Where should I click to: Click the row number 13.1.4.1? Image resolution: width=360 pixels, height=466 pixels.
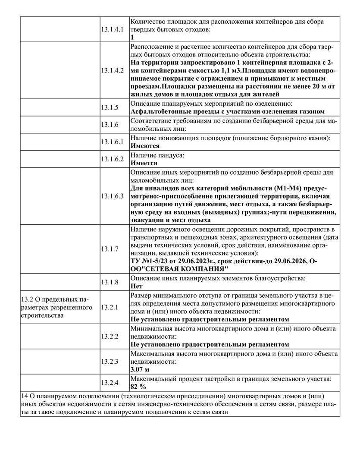click(x=112, y=29)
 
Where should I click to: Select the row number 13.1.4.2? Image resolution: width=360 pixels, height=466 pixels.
click(x=112, y=70)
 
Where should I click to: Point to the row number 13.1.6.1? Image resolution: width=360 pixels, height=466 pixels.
click(x=112, y=142)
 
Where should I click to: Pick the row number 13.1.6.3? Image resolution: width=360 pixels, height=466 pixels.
click(x=112, y=196)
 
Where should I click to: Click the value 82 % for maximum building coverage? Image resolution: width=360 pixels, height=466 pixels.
click(x=138, y=386)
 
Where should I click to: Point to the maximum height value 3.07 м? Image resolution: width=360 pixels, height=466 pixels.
click(x=140, y=370)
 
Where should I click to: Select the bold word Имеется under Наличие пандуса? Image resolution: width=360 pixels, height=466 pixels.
click(x=144, y=163)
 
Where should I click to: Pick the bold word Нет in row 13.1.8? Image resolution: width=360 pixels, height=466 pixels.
click(x=136, y=286)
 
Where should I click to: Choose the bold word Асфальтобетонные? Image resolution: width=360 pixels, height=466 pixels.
click(x=160, y=112)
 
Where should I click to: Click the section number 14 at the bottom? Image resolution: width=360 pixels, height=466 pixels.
click(x=24, y=396)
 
